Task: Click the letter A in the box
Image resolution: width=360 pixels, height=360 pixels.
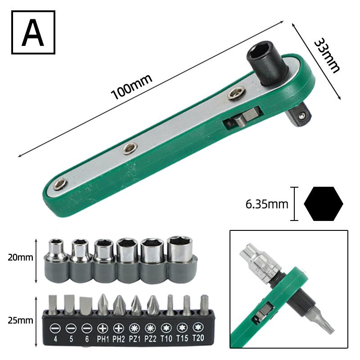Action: coord(33,32)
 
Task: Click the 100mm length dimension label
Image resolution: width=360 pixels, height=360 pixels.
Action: coord(131,87)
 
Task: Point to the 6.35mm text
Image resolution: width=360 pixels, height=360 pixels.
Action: coord(267,204)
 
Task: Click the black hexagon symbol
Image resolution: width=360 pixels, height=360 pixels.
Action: coord(324,204)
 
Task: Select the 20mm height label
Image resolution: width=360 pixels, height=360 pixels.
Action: coord(20,257)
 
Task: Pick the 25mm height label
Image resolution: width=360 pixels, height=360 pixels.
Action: coord(20,320)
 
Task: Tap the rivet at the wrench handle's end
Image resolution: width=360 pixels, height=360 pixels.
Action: coord(60,184)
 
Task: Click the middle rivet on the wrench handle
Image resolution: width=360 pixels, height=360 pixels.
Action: coord(130,148)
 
